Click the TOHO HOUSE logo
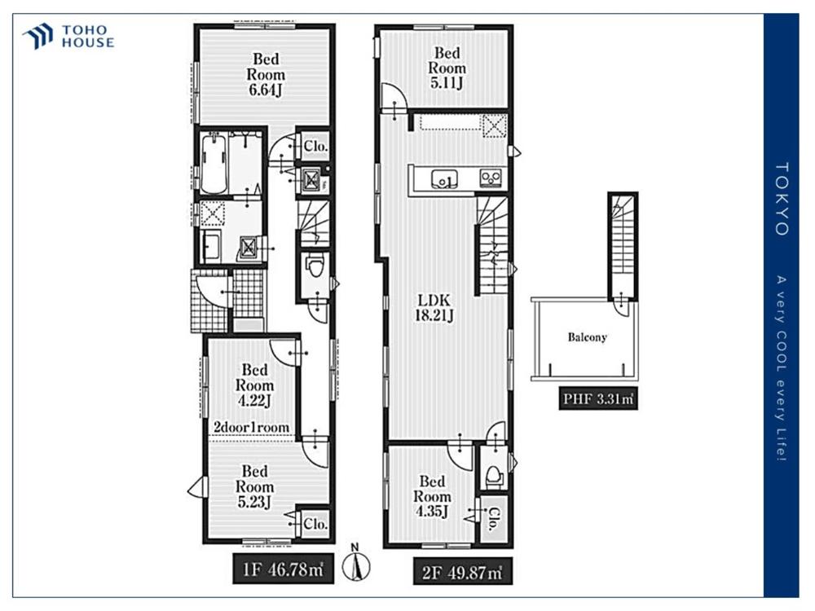coord(68,37)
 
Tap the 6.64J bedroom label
coord(266,74)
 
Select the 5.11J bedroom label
coord(447,68)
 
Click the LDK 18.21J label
coord(434,308)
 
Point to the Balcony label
coord(588,337)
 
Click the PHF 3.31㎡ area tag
coord(598,399)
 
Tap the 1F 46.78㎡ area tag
coord(283,569)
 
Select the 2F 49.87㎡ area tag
coord(462,572)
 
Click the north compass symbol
coord(356,563)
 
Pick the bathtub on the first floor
coord(214,163)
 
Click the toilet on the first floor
coord(315,267)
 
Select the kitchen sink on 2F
coord(444,178)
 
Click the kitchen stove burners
coord(491,178)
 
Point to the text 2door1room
coord(252,427)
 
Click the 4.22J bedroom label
coord(254,385)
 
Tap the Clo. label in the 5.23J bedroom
coord(315,523)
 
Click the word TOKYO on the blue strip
coord(782,199)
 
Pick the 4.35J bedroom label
coord(432,497)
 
